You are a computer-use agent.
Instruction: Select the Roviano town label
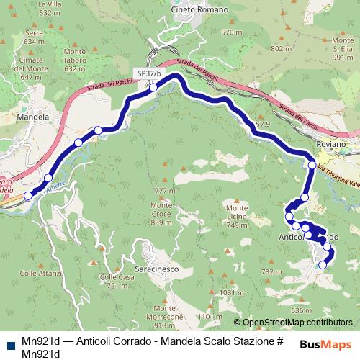(331, 144)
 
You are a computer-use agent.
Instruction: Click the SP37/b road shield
(149, 73)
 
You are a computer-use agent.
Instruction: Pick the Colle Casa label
(117, 281)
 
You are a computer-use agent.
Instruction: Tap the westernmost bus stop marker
(28, 195)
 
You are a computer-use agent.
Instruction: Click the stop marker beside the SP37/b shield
(153, 88)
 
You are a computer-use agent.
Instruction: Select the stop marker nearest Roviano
(312, 165)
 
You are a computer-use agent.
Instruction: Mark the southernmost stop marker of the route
(322, 265)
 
